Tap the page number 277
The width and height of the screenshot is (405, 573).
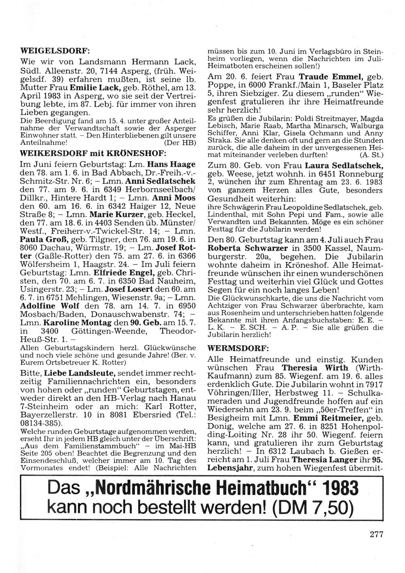click(x=376, y=534)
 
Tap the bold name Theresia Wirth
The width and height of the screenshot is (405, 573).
click(x=315, y=368)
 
